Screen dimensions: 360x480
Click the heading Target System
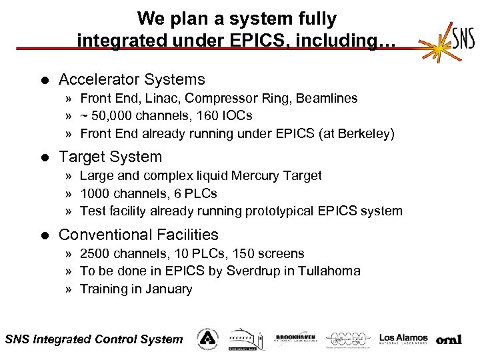110,157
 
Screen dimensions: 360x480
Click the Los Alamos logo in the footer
403,339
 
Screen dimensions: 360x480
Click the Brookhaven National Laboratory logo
295,339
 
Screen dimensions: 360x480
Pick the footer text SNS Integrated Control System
93,339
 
